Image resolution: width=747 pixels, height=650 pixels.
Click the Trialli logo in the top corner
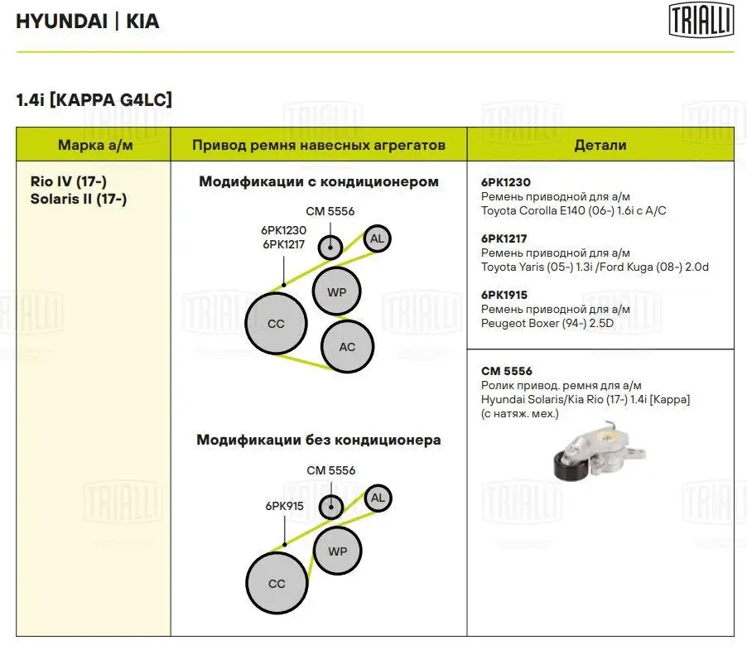tap(701, 21)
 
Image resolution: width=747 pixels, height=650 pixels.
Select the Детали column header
tap(600, 145)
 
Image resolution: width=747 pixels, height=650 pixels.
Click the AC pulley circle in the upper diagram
tap(347, 346)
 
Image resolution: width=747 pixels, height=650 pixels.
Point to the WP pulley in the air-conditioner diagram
tap(336, 291)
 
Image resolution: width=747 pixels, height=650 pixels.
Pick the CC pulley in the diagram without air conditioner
tap(277, 583)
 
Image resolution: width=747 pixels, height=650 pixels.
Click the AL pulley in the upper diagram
tap(378, 239)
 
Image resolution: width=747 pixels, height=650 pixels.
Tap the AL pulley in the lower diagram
tap(378, 498)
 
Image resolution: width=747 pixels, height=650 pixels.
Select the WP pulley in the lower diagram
tap(337, 551)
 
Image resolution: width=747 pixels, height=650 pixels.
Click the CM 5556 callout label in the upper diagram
tap(330, 211)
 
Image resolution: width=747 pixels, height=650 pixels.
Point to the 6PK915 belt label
tap(283, 504)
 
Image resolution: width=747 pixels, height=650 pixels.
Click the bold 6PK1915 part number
tap(504, 295)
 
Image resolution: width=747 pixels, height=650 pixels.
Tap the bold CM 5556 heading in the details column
tap(507, 371)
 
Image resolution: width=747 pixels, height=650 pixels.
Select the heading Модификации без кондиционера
tap(318, 440)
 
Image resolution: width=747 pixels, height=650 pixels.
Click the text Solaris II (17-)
tap(78, 199)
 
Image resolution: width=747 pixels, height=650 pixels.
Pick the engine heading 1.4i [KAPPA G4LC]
tap(94, 100)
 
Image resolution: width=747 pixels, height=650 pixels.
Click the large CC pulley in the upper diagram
tap(276, 323)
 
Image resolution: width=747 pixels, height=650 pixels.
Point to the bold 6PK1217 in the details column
tap(504, 238)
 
